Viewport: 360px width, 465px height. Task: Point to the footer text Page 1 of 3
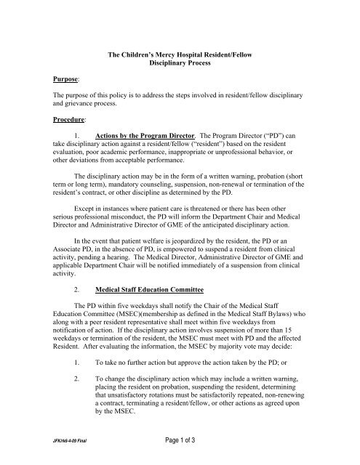179,452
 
